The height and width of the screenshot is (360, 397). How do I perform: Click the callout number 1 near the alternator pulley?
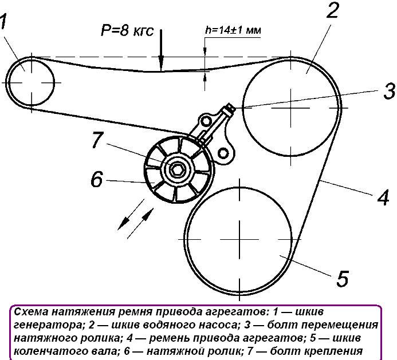[5, 22]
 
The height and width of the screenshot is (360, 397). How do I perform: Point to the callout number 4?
[383, 197]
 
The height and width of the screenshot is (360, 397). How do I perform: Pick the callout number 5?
[342, 279]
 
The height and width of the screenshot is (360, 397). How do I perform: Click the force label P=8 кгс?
[127, 31]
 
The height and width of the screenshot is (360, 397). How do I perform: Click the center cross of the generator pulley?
[30, 81]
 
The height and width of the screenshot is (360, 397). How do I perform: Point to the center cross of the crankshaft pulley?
[238, 238]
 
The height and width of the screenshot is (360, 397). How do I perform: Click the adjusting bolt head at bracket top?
[230, 107]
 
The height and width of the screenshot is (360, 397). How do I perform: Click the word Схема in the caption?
[32, 312]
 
